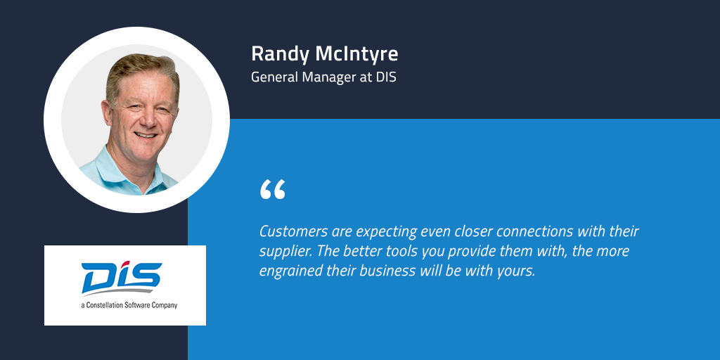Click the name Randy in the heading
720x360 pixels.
(x=281, y=55)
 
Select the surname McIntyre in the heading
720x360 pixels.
(x=356, y=54)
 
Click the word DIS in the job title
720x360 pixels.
(x=386, y=77)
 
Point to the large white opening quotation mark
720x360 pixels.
(x=272, y=189)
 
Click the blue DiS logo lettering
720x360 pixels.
(x=121, y=277)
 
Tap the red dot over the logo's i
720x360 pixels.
(x=125, y=265)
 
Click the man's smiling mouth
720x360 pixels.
(x=146, y=136)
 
